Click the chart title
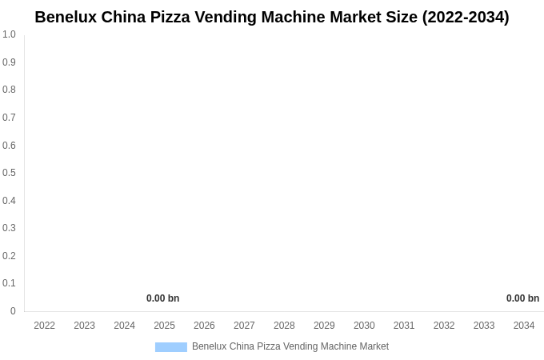pos(272,17)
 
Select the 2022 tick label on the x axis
pos(45,326)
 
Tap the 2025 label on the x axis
pos(164,326)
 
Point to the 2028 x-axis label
pos(284,326)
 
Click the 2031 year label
pos(404,326)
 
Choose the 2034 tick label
pos(524,326)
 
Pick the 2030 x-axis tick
pos(364,326)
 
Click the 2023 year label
pos(85,326)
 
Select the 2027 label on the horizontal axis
pos(244,326)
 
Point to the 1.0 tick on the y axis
pos(9,34)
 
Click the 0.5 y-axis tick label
pos(9,173)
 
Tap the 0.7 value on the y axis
pos(9,118)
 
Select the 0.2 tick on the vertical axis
pos(9,256)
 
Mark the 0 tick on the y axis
pos(13,311)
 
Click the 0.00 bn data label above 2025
pos(162,298)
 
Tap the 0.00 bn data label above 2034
pos(522,298)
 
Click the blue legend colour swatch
pos(171,347)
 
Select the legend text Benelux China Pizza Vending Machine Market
pos(290,346)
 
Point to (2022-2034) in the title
pos(466,17)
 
